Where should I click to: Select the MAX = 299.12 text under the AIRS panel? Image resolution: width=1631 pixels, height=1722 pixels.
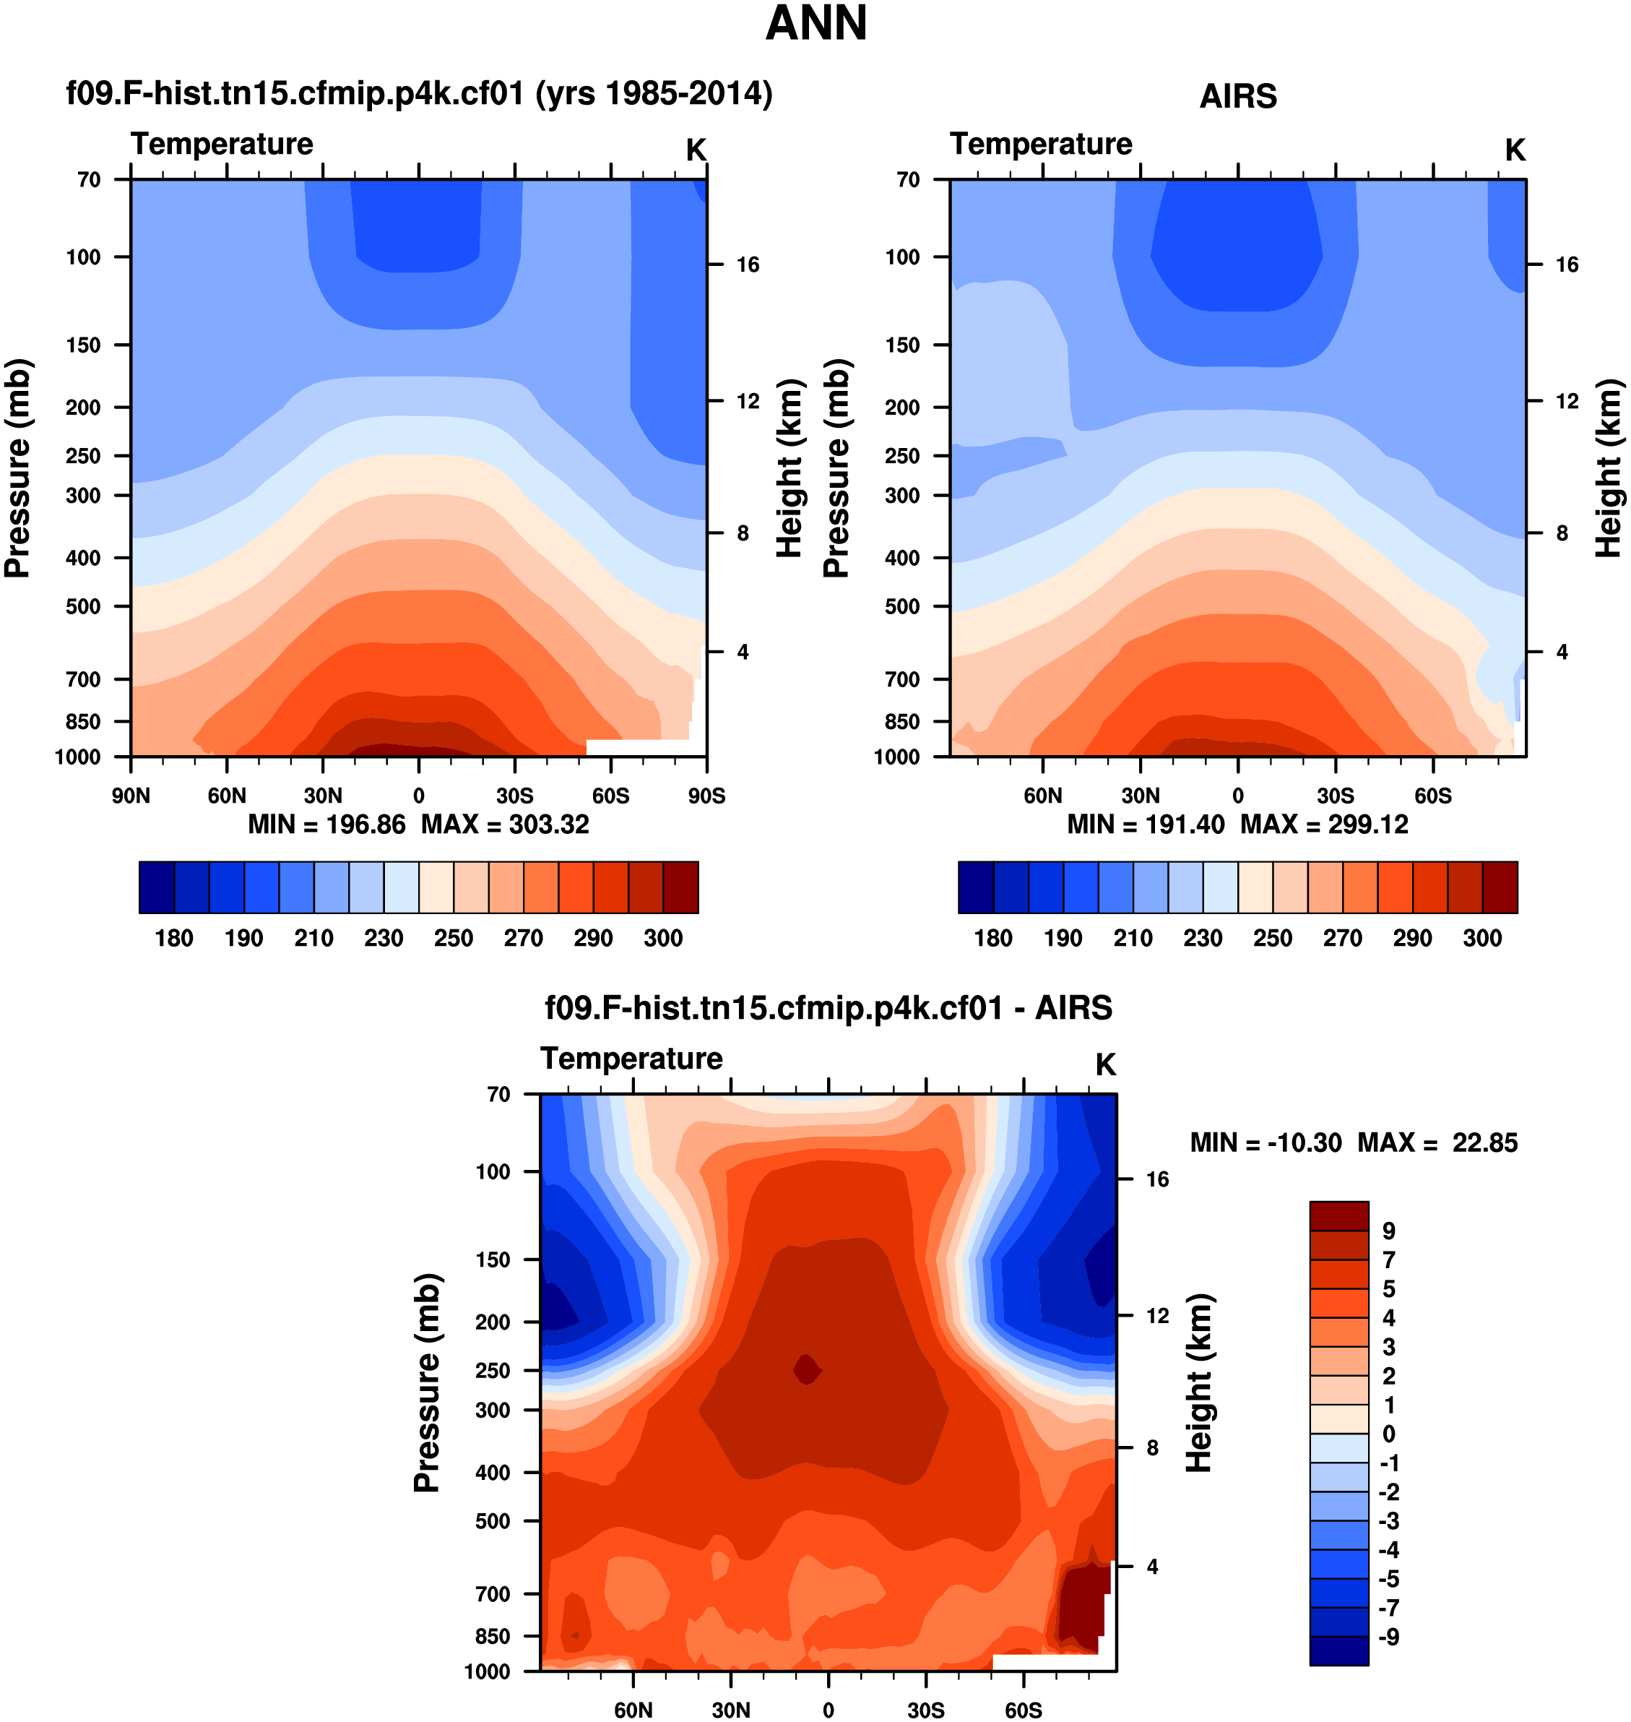click(1323, 824)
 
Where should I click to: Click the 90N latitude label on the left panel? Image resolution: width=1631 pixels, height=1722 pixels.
click(131, 796)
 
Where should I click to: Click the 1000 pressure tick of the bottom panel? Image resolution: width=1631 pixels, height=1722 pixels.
click(487, 1671)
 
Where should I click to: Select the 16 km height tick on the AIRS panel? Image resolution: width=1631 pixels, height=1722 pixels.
click(1566, 264)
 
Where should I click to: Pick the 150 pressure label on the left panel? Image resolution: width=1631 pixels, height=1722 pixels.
click(84, 345)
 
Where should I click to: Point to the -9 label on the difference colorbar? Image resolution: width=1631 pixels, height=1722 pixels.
click(1388, 1637)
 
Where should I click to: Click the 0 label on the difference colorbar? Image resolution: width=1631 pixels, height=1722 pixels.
click(1388, 1434)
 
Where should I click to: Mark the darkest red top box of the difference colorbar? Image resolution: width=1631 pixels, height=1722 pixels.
click(1339, 1216)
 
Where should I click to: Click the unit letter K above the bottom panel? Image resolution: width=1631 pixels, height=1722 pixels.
click(1105, 1064)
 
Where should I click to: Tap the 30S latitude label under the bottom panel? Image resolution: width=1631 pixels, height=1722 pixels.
click(926, 1710)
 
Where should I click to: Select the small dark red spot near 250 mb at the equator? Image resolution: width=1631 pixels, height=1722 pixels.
click(807, 1370)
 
